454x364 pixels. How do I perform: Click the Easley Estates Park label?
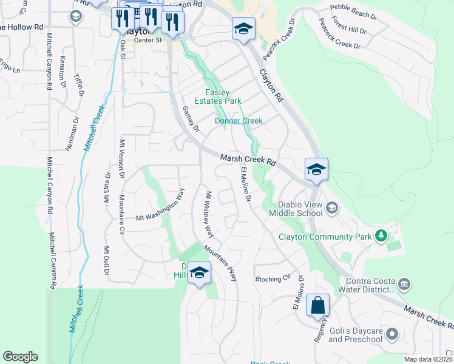(x=218, y=96)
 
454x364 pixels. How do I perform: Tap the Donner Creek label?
(x=239, y=121)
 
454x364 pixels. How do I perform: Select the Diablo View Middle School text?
(x=300, y=209)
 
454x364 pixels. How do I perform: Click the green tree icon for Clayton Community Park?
(x=381, y=235)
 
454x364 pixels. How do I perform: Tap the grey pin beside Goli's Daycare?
(x=392, y=333)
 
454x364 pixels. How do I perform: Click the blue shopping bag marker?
(x=318, y=306)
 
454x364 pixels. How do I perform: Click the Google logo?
(x=20, y=357)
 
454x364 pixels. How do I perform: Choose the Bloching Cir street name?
(x=273, y=279)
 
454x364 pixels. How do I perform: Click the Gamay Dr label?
(x=191, y=119)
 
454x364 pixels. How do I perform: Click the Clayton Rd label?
(x=271, y=84)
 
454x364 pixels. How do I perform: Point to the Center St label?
(x=149, y=40)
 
